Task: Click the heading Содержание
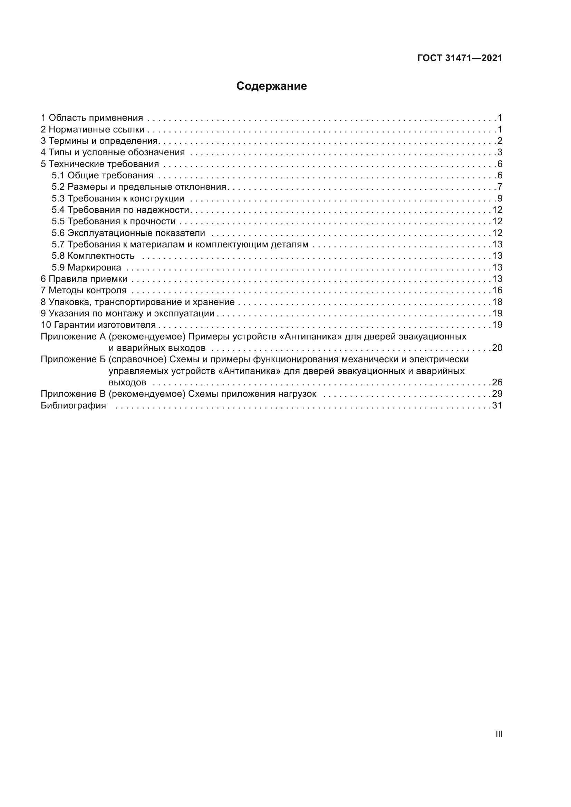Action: coord(271,86)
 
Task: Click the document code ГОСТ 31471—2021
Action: coord(459,58)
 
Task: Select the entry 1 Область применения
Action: coord(92,118)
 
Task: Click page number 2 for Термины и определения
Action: coord(500,141)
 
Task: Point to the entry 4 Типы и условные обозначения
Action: coord(113,152)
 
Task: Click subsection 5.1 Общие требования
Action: coord(102,175)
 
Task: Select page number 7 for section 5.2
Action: coord(500,187)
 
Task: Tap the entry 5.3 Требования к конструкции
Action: coord(118,199)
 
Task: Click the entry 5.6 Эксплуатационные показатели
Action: coord(128,233)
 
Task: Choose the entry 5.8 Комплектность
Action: coord(93,256)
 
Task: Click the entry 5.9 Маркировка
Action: coord(86,267)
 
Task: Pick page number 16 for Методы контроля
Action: coord(497,290)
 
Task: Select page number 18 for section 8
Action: coord(497,302)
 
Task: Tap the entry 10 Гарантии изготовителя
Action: coord(98,325)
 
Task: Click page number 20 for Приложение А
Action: coord(497,348)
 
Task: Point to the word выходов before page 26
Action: coord(127,382)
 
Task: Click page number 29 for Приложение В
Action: coord(497,394)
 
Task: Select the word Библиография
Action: coord(73,406)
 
